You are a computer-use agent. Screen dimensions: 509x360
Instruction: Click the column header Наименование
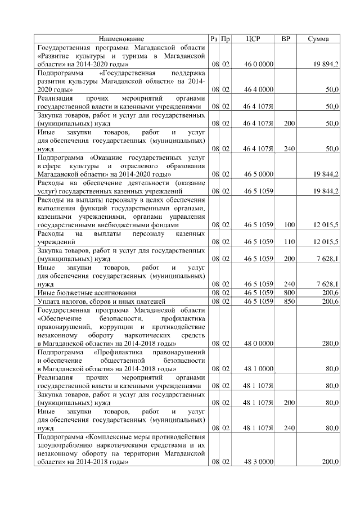tap(121, 39)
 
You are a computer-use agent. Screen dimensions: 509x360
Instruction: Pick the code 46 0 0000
tap(259, 65)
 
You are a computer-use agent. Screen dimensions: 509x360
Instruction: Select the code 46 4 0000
tap(259, 89)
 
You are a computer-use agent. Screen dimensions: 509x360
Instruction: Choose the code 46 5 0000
tap(259, 174)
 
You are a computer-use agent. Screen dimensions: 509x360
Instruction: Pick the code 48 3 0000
tap(259, 462)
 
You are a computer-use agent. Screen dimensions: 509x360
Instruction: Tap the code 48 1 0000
tap(259, 369)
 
